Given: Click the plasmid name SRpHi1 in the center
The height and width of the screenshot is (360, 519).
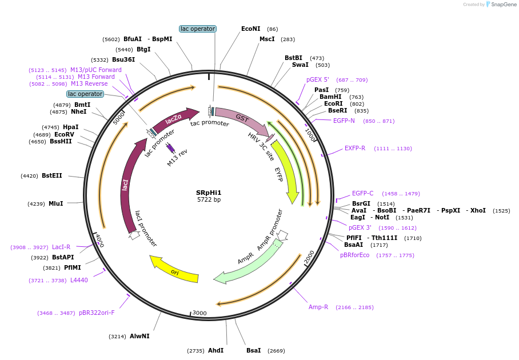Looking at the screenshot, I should pyautogui.click(x=209, y=192).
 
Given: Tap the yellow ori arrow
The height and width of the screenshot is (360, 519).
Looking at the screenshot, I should pyautogui.click(x=174, y=270).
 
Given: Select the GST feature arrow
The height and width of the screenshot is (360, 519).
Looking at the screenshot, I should pyautogui.click(x=241, y=118).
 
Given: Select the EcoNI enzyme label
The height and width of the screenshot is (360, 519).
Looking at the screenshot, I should pyautogui.click(x=251, y=29).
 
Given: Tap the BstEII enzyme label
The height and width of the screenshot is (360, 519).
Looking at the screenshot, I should pyautogui.click(x=52, y=175).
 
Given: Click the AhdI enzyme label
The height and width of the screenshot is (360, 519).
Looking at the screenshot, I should pyautogui.click(x=215, y=350).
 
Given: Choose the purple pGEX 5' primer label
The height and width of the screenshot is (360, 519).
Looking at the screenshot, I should pyautogui.click(x=318, y=79).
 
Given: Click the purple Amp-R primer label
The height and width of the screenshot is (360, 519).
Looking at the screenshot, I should pyautogui.click(x=318, y=307).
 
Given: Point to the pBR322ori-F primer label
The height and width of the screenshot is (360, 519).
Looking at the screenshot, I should pyautogui.click(x=97, y=313).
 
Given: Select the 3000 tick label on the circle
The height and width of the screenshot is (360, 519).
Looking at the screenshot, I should pyautogui.click(x=199, y=313).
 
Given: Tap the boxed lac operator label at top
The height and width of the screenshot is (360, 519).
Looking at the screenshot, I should pyautogui.click(x=198, y=29).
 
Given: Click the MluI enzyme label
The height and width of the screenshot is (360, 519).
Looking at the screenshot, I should pyautogui.click(x=56, y=203).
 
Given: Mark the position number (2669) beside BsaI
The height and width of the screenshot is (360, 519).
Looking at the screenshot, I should pyautogui.click(x=276, y=350).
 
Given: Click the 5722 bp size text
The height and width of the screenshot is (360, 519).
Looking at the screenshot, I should pyautogui.click(x=209, y=200).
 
